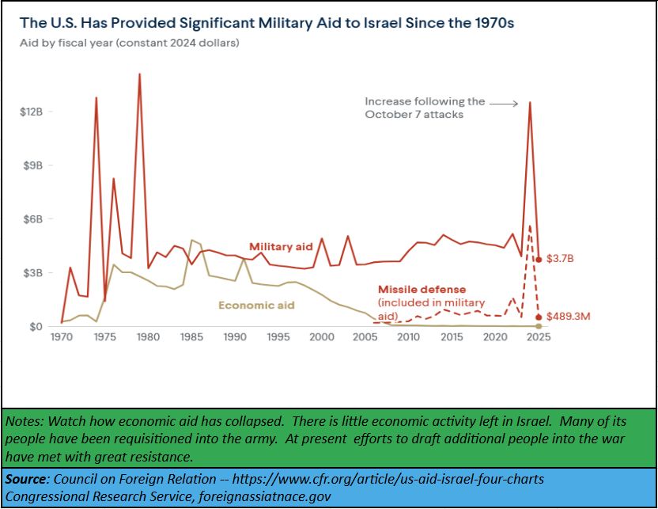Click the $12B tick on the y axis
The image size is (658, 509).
[x=31, y=112]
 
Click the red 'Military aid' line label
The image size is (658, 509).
[x=281, y=246]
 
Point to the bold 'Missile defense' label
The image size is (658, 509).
[x=422, y=290]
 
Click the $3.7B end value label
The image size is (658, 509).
[x=563, y=260]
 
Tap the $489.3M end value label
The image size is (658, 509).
[x=569, y=317]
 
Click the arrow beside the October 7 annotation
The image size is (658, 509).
[x=503, y=102]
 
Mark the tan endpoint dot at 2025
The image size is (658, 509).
[x=539, y=326]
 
